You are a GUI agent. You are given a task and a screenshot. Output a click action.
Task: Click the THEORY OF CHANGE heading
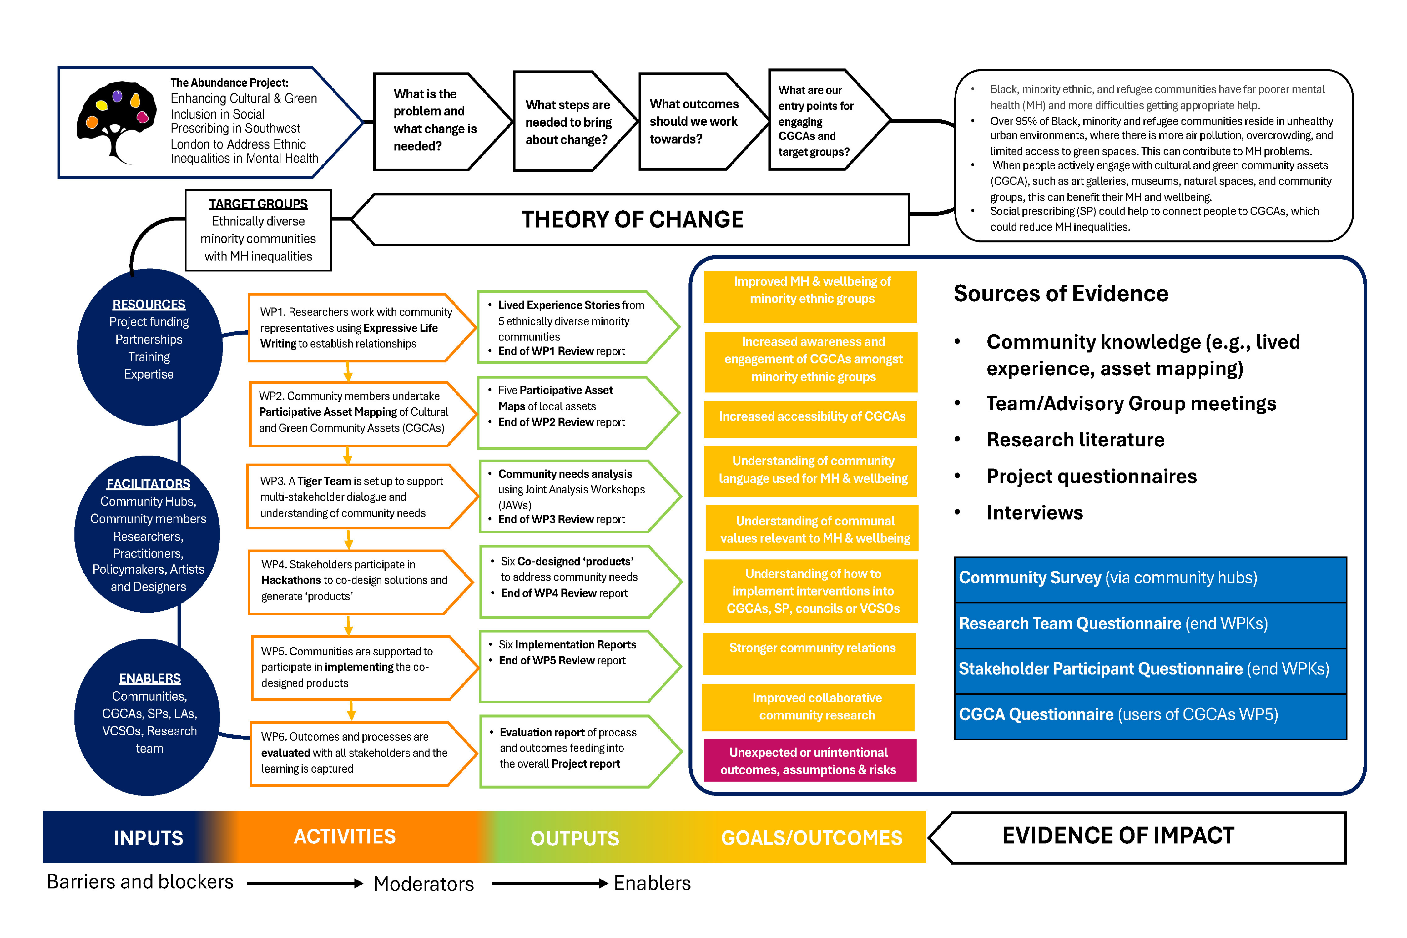(x=632, y=219)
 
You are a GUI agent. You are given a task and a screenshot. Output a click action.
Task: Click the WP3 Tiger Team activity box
(x=353, y=497)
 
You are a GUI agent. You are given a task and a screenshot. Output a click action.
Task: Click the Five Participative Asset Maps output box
(x=568, y=413)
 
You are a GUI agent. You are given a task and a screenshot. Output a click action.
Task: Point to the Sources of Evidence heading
(x=1060, y=294)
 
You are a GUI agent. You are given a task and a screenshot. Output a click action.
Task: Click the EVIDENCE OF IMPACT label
(x=1117, y=836)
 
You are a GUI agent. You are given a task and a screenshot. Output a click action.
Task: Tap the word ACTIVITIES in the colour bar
(x=345, y=836)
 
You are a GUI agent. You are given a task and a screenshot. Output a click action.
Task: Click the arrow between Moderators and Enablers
(x=549, y=884)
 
